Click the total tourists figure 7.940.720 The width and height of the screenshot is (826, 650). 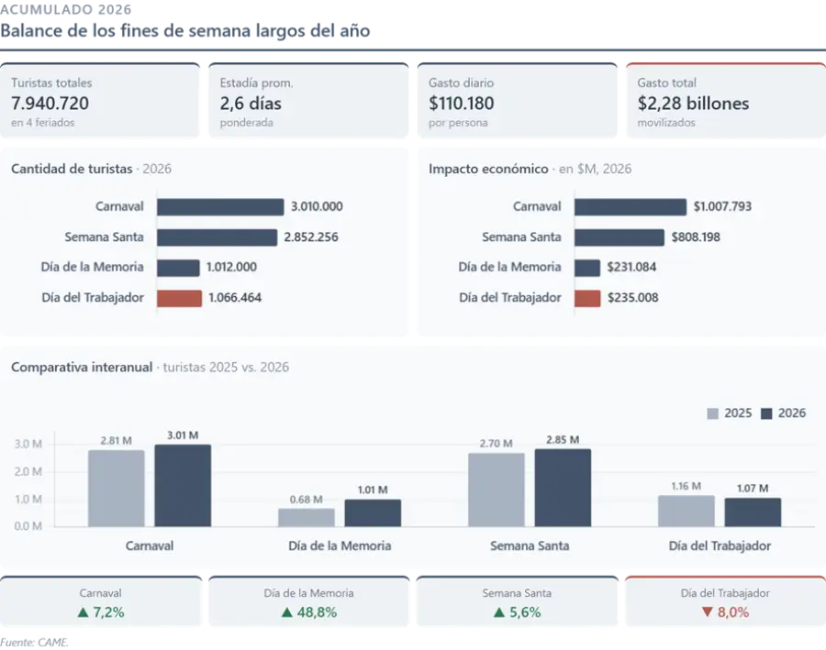[50, 104]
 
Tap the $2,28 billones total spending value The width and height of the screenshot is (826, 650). [693, 104]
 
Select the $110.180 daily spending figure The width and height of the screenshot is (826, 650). [461, 104]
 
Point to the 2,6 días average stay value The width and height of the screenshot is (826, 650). [251, 104]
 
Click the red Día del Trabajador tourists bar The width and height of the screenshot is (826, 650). [179, 298]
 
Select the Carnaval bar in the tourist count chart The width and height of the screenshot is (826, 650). [220, 207]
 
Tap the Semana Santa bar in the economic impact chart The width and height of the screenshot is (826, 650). [619, 237]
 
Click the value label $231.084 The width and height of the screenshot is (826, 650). [631, 267]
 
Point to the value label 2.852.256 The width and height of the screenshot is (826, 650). [311, 237]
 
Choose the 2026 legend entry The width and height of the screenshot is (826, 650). [784, 413]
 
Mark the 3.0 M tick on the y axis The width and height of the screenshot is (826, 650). [28, 444]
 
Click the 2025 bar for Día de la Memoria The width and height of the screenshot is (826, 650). [306, 517]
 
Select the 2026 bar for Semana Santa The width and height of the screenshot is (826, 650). [563, 488]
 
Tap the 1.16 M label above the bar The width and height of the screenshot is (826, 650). [686, 486]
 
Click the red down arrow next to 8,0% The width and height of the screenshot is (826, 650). [707, 612]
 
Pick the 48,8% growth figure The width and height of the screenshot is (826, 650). [317, 612]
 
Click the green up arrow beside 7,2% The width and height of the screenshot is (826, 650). [83, 612]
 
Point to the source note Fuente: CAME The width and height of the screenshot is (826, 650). [34, 643]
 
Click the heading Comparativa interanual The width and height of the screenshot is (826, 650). [82, 367]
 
